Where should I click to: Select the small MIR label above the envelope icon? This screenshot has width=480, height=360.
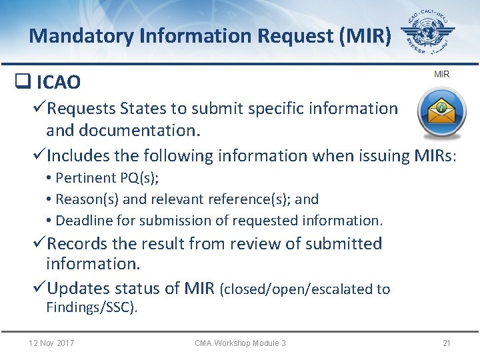pyautogui.click(x=441, y=74)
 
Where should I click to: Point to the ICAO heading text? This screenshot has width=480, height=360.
pyautogui.click(x=59, y=83)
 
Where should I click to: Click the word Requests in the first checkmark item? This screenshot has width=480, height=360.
pyautogui.click(x=83, y=109)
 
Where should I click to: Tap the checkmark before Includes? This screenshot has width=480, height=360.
pyautogui.click(x=39, y=155)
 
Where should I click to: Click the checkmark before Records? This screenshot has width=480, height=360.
pyautogui.click(x=39, y=244)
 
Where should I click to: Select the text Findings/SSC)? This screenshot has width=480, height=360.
pyautogui.click(x=92, y=307)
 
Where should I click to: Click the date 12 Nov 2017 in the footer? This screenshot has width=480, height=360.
pyautogui.click(x=51, y=343)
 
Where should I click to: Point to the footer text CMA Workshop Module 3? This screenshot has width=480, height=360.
pyautogui.click(x=240, y=343)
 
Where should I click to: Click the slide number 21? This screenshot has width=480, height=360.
pyautogui.click(x=447, y=343)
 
